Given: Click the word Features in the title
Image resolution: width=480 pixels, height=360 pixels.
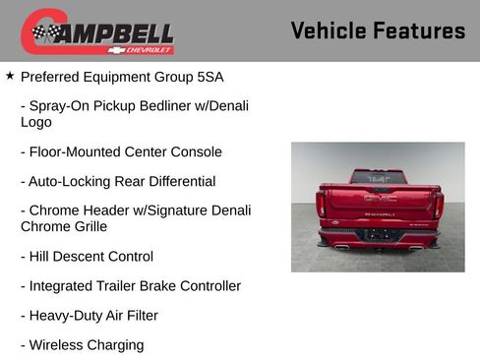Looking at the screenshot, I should coord(419,30).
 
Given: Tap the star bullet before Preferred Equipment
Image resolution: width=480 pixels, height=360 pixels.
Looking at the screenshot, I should coord(10,75).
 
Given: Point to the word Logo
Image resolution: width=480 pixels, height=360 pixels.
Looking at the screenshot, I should coord(36,123).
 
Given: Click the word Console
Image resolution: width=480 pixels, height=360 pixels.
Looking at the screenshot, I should coord(196,152).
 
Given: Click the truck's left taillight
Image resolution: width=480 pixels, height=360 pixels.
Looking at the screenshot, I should coord(321,203).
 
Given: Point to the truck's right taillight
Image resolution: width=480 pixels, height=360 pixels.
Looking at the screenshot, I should coord(438,203).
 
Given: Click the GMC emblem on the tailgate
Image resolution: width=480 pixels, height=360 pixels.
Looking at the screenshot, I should coord(379,199).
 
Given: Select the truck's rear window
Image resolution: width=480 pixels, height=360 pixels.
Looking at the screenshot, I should coord(379,177).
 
